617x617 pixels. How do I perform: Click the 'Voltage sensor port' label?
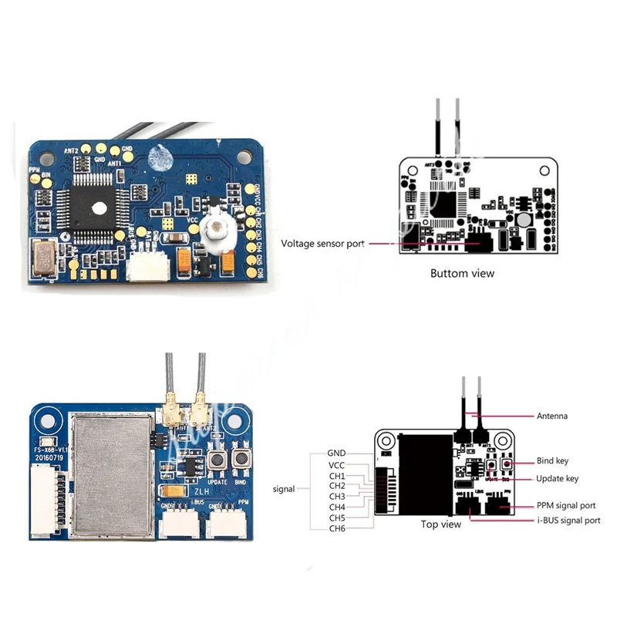[x=322, y=244]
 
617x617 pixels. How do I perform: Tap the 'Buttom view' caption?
[x=462, y=273]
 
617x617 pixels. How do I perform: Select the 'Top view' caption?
[x=440, y=524]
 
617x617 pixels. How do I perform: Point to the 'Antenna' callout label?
[x=551, y=416]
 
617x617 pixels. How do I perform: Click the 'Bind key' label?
[x=552, y=461]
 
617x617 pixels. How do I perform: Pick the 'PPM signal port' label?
[x=566, y=506]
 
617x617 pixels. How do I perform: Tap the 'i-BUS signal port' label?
[x=568, y=521]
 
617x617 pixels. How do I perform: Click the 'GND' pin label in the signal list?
[x=336, y=453]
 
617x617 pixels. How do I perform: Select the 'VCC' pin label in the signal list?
[x=336, y=466]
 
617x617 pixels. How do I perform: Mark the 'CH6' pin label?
[x=337, y=528]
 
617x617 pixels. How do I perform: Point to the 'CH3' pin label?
[x=337, y=497]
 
